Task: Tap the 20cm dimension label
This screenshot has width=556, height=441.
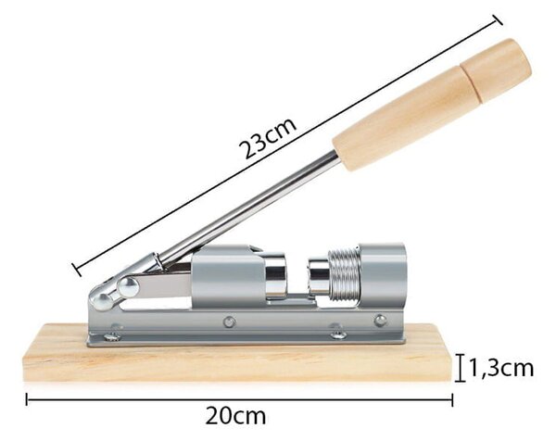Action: click(x=235, y=416)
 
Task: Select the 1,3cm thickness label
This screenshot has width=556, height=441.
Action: click(x=501, y=369)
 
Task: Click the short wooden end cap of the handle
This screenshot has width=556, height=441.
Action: click(x=496, y=69)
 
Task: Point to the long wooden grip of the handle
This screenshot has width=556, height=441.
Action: click(x=404, y=120)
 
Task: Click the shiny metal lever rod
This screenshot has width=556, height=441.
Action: click(x=248, y=208)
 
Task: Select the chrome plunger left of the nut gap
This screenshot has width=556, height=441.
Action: click(x=276, y=275)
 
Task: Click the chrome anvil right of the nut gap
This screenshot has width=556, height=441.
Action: click(x=319, y=276)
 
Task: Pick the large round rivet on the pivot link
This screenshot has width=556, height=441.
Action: click(x=129, y=287)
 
